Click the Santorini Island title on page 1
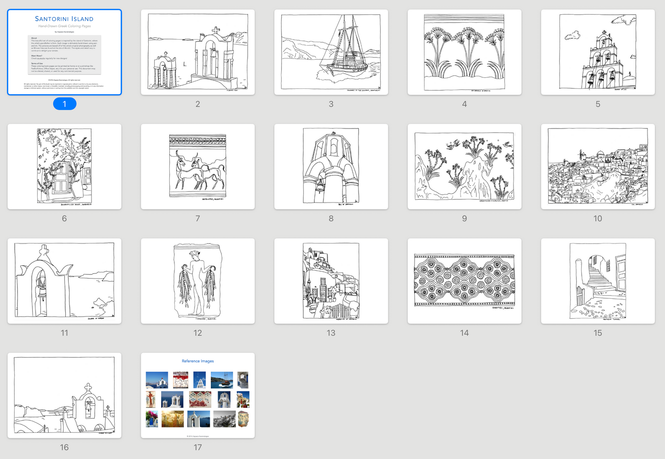(64, 19)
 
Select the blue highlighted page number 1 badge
(64, 104)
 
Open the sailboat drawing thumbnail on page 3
(331, 52)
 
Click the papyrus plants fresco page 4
(464, 52)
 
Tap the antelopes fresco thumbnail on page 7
(197, 166)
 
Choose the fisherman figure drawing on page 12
(197, 281)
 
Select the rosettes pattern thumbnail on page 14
(464, 281)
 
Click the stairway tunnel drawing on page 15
(597, 281)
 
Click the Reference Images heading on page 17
(197, 361)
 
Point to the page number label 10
(597, 218)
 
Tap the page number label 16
(64, 447)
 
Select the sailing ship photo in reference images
(221, 380)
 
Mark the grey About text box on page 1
(64, 54)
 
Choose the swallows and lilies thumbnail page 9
(464, 166)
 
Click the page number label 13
(331, 333)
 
